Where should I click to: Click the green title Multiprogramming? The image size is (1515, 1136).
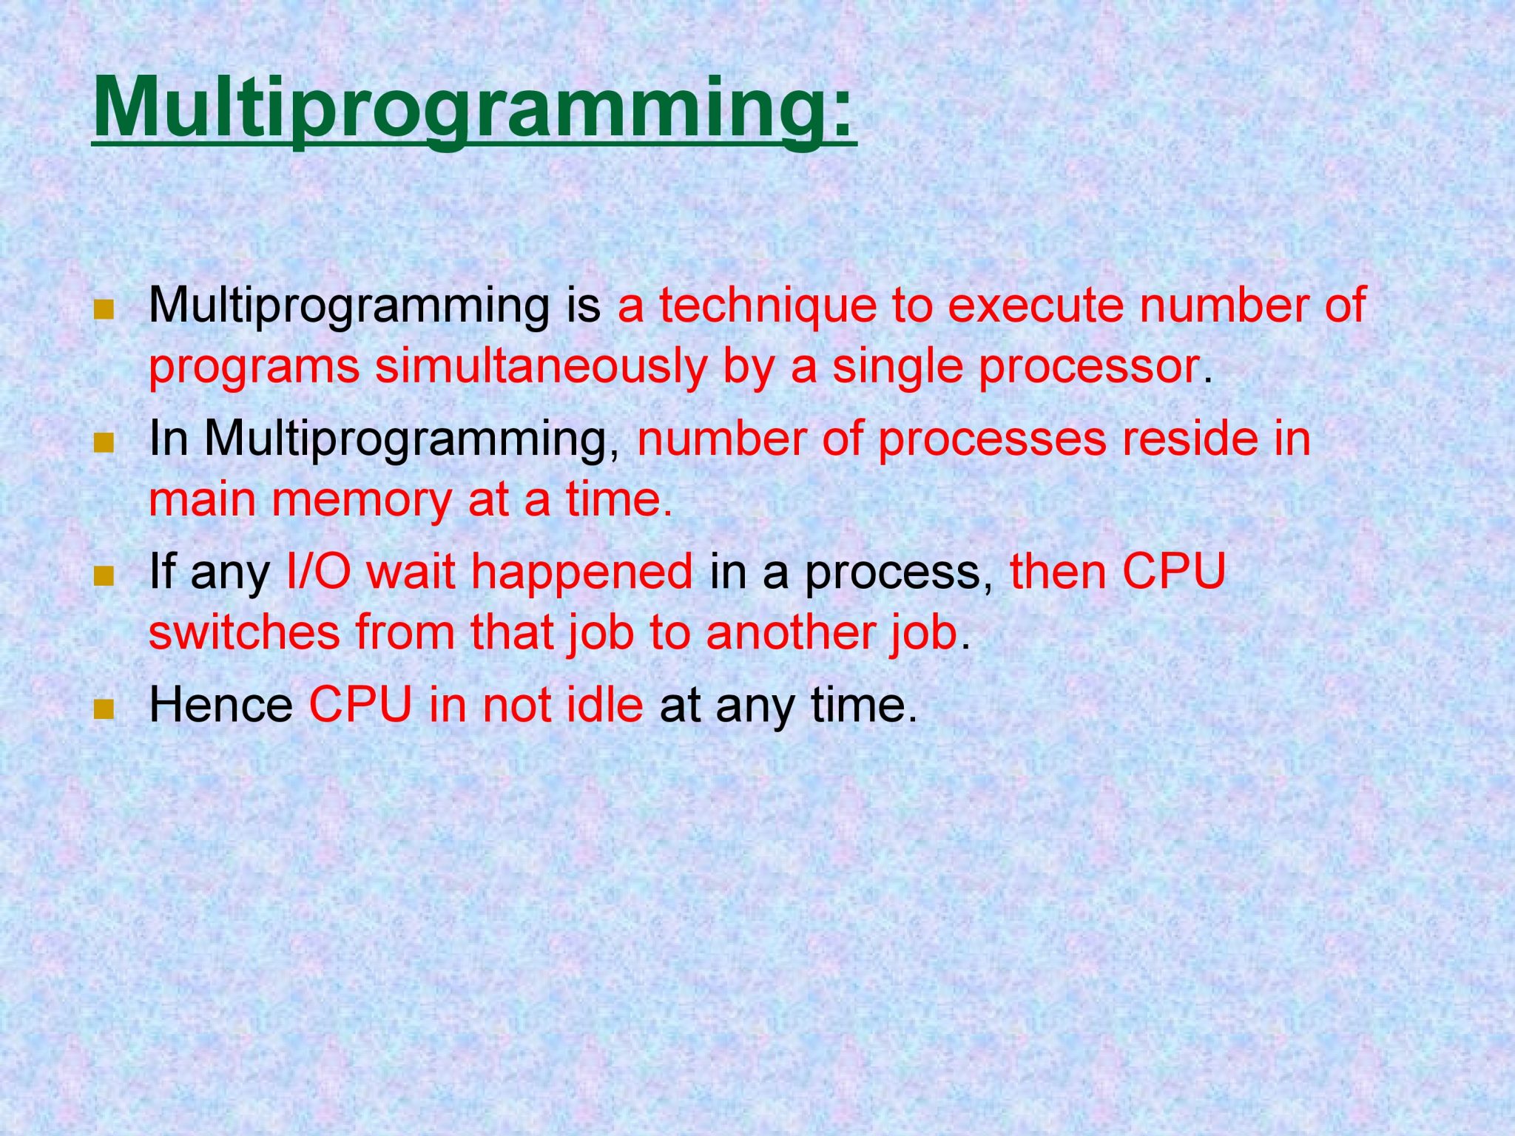click(x=473, y=107)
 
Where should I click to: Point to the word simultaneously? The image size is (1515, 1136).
click(x=541, y=367)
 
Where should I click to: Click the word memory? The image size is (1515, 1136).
click(x=362, y=500)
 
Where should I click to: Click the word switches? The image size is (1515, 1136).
click(x=244, y=633)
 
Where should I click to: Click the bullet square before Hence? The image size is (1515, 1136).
click(x=104, y=709)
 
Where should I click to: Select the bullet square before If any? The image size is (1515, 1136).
click(x=104, y=576)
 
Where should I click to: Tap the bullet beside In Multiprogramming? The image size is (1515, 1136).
click(x=104, y=443)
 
